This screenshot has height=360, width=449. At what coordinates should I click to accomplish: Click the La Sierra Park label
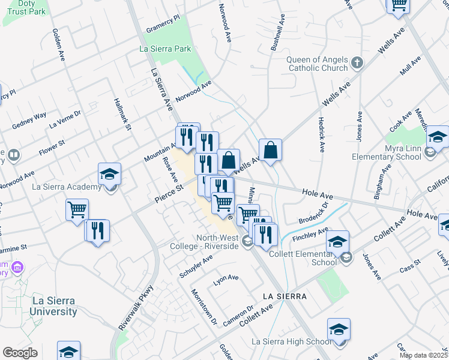coord(164,49)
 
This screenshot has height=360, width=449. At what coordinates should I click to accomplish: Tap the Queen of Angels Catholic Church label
coord(317,64)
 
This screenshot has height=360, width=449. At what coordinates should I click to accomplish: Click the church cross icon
coord(357,62)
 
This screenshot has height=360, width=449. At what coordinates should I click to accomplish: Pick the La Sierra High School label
coord(291,342)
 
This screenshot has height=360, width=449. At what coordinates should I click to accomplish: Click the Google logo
coord(20,353)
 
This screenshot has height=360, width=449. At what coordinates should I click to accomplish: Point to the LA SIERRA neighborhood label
coord(285,296)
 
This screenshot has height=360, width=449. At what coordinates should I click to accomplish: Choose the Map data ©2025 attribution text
coord(423,355)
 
